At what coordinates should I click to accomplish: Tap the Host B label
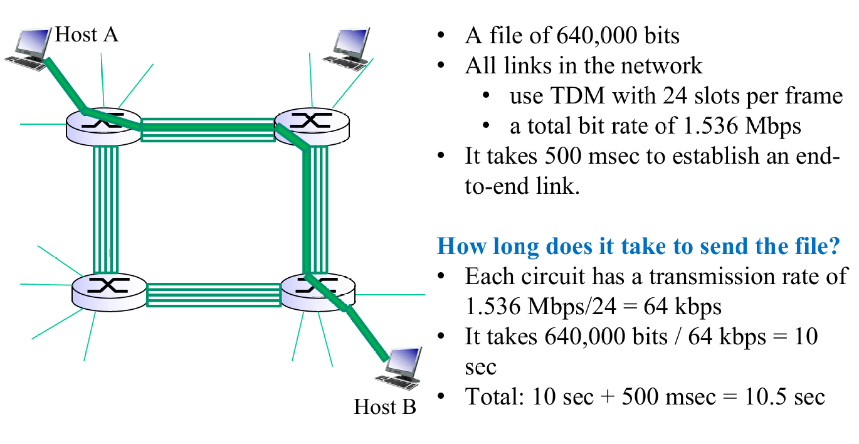pos(385,407)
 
